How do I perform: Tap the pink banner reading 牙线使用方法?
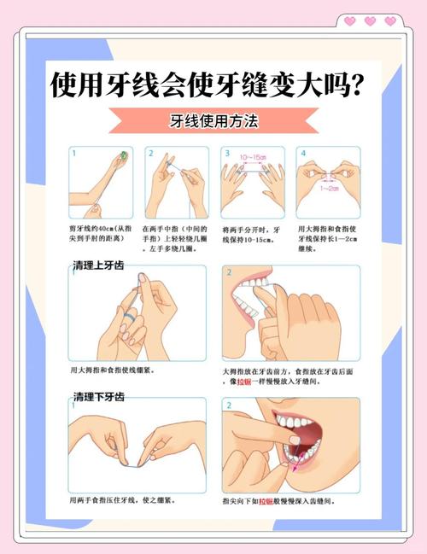(213, 122)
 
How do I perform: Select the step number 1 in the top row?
(74, 154)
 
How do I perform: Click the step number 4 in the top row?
(302, 154)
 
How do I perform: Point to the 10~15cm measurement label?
(253, 158)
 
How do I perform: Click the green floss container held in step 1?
(124, 155)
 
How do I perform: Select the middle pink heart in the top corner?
(370, 21)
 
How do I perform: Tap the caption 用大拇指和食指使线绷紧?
(112, 371)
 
